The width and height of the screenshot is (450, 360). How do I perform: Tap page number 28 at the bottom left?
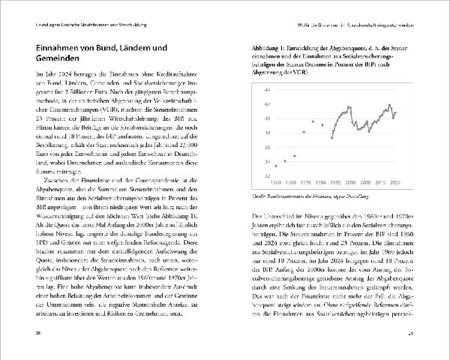[29, 332]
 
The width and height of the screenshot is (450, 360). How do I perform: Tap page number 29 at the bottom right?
[421, 332]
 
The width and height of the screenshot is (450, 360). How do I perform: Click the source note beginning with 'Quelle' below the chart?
[300, 196]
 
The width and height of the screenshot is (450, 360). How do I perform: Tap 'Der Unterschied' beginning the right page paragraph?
[269, 215]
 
